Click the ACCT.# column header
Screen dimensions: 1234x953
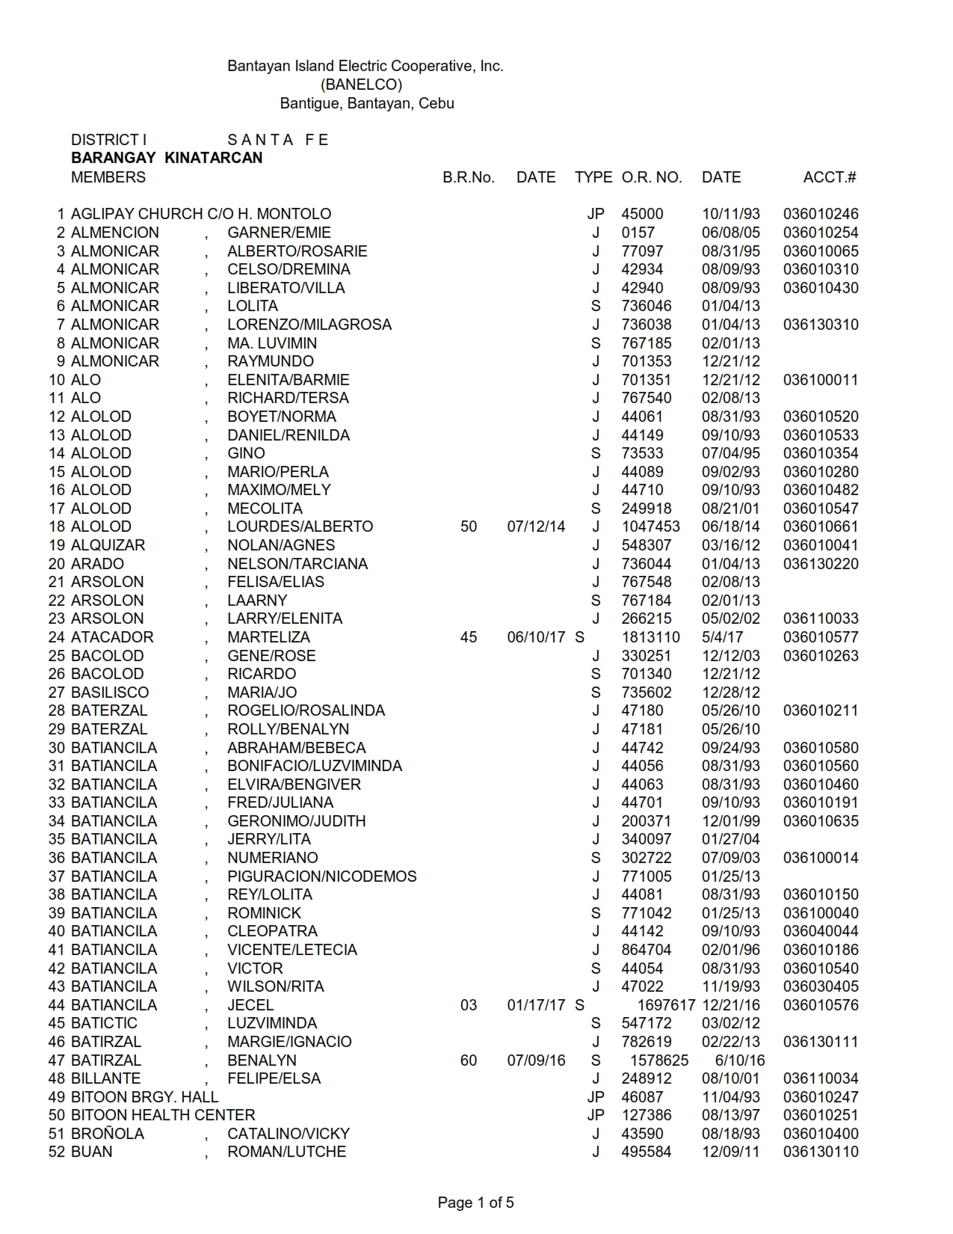pos(830,177)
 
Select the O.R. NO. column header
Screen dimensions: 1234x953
pos(652,177)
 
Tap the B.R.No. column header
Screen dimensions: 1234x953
pos(469,177)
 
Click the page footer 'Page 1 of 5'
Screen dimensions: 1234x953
pos(476,1203)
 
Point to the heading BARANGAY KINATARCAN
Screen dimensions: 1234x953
pos(167,158)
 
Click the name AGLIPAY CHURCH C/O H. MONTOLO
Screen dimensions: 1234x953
pos(201,214)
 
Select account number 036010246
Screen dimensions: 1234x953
pos(821,214)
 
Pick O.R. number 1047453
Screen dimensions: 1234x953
pos(651,527)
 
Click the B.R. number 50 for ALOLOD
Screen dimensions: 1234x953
pos(469,527)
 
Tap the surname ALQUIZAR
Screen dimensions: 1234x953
pos(108,545)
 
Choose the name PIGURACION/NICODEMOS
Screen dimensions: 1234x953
pos(322,877)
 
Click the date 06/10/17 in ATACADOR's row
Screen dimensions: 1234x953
pos(536,637)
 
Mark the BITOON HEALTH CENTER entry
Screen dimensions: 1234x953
pos(163,1115)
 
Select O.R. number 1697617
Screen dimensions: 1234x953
pos(666,1005)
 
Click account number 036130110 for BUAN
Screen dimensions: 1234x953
pos(821,1152)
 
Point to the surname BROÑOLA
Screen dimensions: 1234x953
pos(108,1134)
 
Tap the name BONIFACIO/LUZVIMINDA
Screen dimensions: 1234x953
pos(315,766)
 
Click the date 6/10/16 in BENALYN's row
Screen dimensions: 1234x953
pos(740,1060)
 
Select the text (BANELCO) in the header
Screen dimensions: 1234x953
pos(361,85)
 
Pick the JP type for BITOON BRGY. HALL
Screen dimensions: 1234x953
pos(596,1097)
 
